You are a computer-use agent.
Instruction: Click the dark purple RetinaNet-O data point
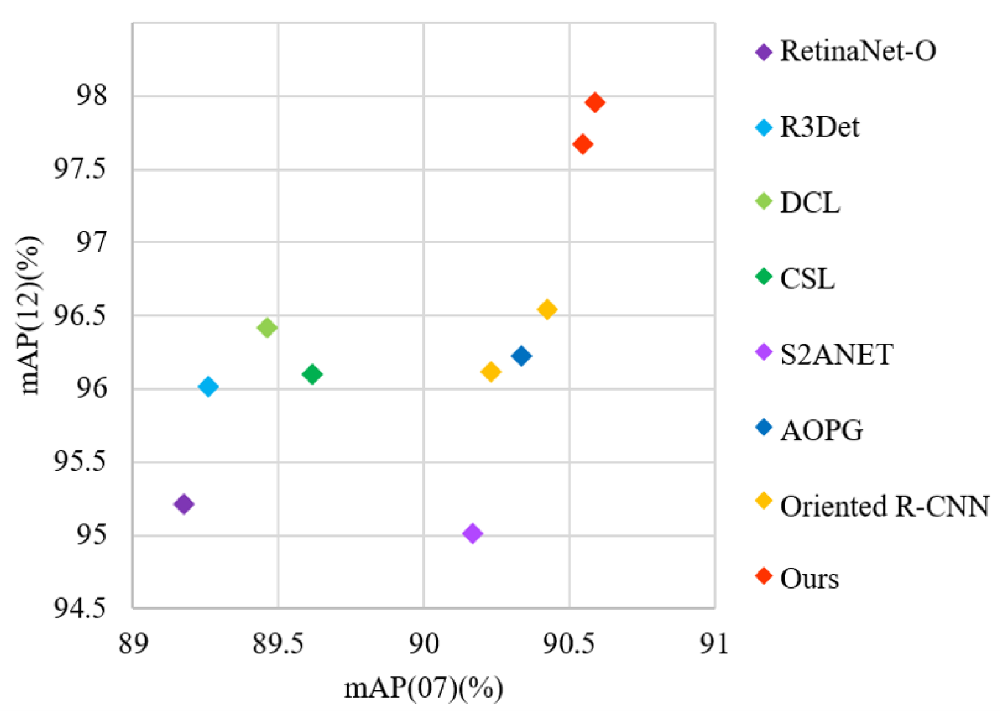pos(184,504)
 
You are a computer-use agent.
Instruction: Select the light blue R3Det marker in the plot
pos(208,386)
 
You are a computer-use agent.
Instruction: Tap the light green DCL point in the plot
pos(267,327)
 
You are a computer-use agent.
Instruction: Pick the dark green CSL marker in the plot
pos(312,373)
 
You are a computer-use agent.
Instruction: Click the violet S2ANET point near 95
pos(472,533)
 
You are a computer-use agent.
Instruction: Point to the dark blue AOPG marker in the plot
pos(521,356)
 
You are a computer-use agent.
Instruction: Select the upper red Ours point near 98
pos(595,102)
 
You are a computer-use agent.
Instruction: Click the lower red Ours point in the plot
pos(582,144)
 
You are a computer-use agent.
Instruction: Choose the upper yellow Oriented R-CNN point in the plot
pos(547,309)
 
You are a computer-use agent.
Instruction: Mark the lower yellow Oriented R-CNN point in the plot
pos(491,371)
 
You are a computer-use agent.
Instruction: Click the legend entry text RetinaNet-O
pos(858,51)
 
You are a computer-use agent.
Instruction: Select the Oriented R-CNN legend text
pos(884,506)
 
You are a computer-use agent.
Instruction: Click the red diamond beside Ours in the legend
pos(764,576)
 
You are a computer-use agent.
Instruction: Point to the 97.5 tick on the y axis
pos(80,169)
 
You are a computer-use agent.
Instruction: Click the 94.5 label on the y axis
pos(80,609)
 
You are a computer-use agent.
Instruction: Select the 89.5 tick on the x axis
pos(278,644)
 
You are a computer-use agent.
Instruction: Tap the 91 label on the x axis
pos(714,644)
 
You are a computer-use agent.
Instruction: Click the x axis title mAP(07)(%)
pos(423,688)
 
